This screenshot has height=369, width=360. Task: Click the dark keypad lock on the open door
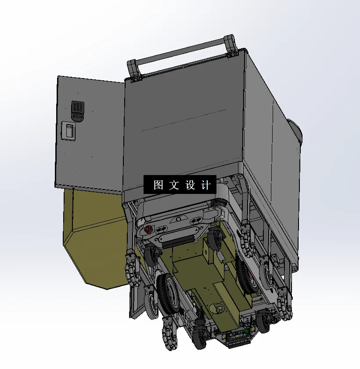pyautogui.click(x=78, y=107)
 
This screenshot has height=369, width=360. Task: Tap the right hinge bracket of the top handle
pyautogui.click(x=231, y=46)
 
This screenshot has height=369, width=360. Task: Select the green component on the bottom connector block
pyautogui.click(x=246, y=330)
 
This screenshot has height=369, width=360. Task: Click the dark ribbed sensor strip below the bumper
pyautogui.click(x=176, y=240)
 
